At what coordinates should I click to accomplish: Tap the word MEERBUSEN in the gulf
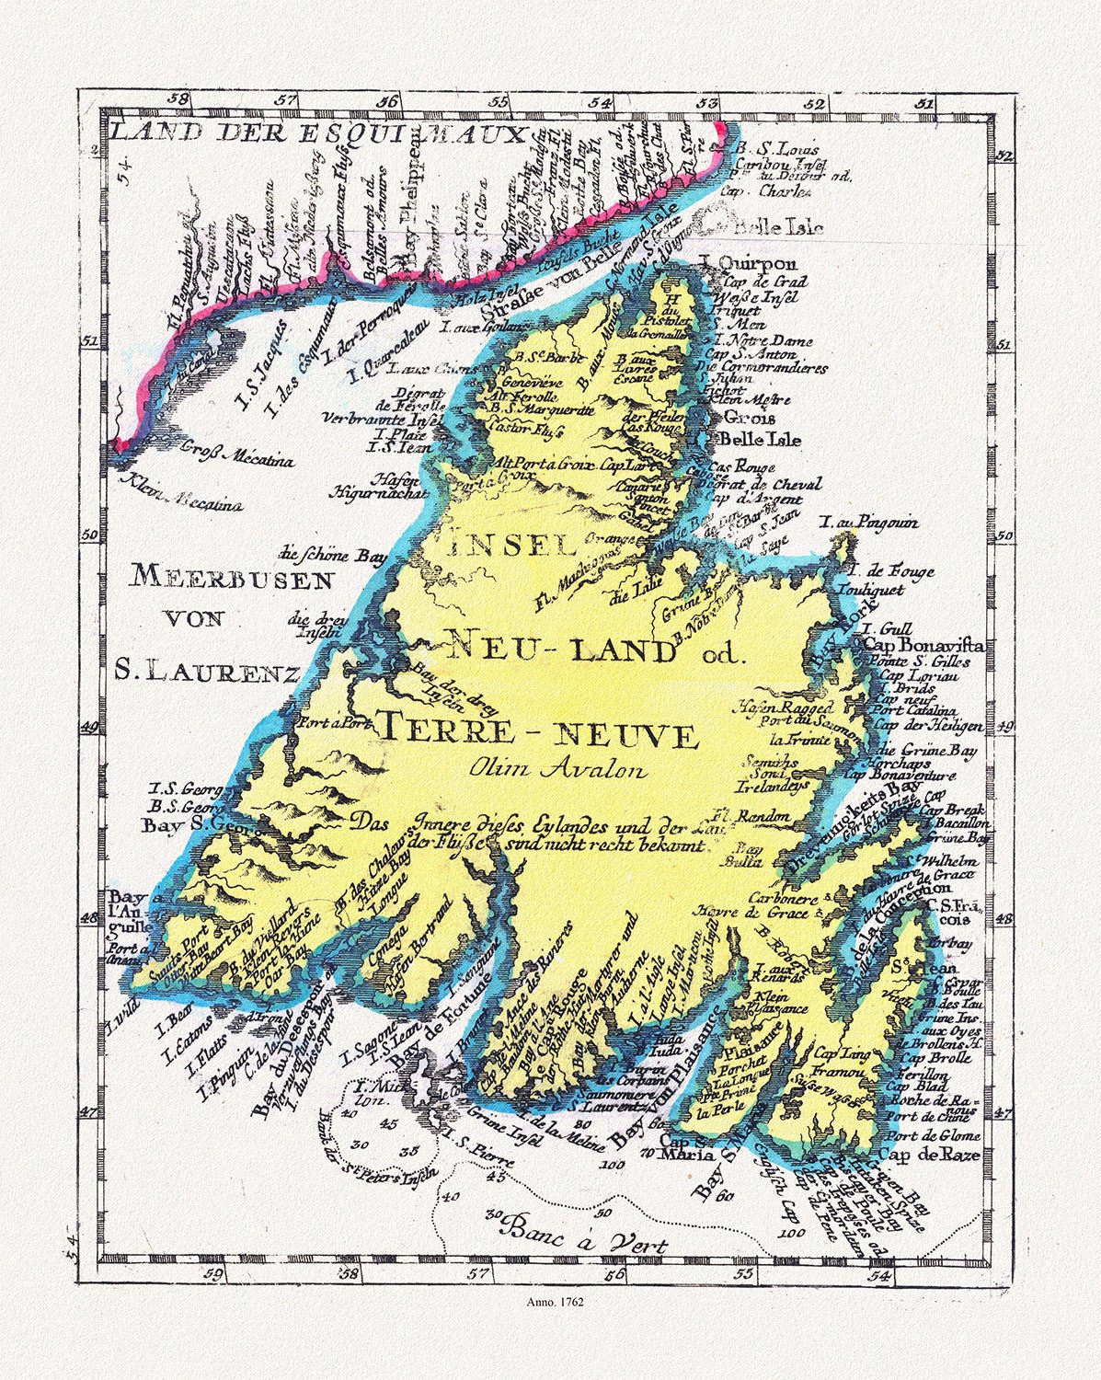231,579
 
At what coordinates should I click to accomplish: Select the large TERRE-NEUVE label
538,733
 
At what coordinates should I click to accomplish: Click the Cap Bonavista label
923,646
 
